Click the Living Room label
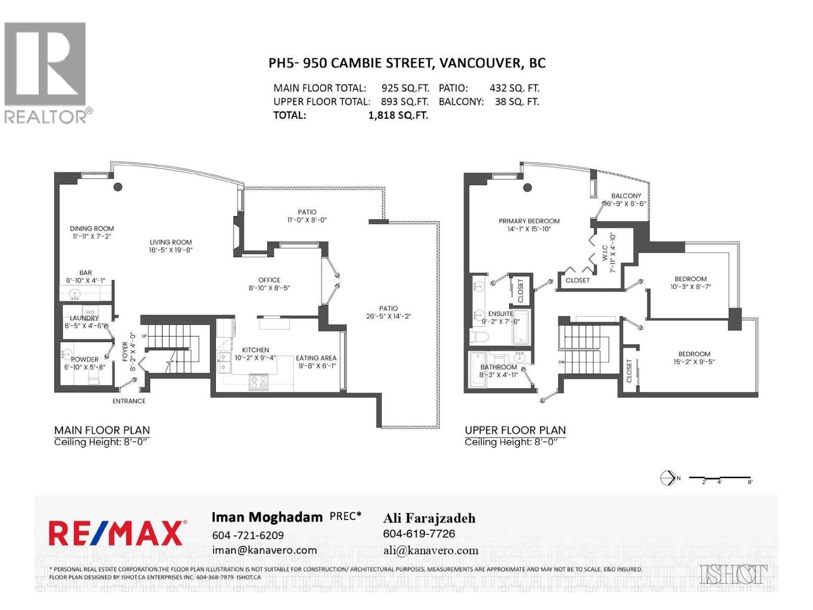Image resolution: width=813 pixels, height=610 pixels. pyautogui.click(x=171, y=242)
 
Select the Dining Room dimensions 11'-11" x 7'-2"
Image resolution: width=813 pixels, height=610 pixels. pyautogui.click(x=92, y=236)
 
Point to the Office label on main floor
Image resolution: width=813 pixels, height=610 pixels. pyautogui.click(x=269, y=280)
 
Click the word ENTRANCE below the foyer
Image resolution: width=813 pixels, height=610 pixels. pyautogui.click(x=129, y=401)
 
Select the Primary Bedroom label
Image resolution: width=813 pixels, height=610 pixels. pyautogui.click(x=529, y=221)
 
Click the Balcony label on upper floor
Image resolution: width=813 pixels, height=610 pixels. pyautogui.click(x=626, y=196)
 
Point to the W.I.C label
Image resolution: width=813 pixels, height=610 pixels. pyautogui.click(x=605, y=253)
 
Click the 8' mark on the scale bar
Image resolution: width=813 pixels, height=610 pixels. pyautogui.click(x=750, y=482)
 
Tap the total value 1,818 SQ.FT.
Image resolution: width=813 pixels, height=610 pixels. pyautogui.click(x=398, y=115)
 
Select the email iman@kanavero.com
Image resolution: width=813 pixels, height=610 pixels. pyautogui.click(x=264, y=550)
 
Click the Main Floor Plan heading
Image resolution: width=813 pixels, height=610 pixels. pyautogui.click(x=102, y=430)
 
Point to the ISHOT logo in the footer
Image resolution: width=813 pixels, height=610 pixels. pyautogui.click(x=733, y=574)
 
